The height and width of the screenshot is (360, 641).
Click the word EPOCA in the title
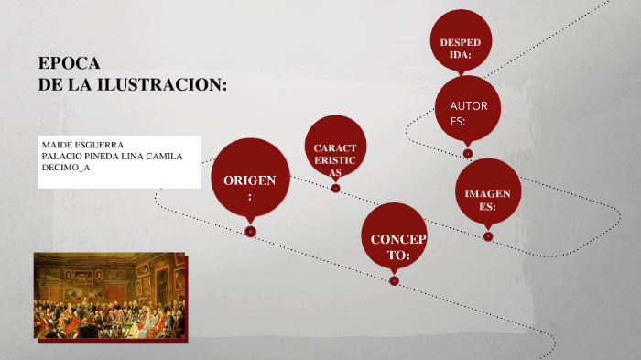click(69, 63)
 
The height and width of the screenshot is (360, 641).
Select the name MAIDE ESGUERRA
click(83, 145)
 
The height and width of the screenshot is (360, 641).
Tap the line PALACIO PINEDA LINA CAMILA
click(113, 157)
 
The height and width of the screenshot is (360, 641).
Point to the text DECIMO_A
click(66, 168)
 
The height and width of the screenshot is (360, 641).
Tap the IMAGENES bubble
click(488, 196)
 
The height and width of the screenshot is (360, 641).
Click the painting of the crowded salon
click(109, 296)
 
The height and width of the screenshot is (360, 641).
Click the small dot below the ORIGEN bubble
click(250, 232)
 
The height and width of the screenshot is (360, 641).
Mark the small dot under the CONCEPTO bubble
click(394, 281)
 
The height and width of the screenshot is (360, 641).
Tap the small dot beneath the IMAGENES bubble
click(488, 236)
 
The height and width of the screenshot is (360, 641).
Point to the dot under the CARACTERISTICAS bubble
click(335, 189)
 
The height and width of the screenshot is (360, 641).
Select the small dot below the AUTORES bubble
click(468, 154)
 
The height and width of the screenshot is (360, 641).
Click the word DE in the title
click(49, 85)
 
